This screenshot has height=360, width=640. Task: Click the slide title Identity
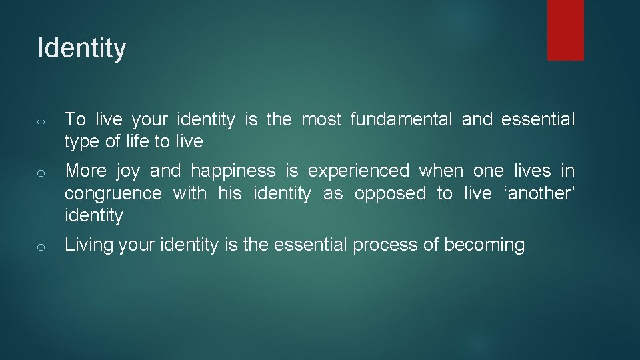point(81,49)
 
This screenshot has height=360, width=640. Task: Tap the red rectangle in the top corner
point(565,30)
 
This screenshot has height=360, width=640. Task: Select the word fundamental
point(401,120)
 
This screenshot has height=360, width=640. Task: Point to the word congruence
point(113,194)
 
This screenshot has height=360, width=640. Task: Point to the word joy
point(128,171)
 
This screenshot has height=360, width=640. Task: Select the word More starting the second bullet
point(86,171)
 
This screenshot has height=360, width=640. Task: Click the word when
point(441,171)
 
